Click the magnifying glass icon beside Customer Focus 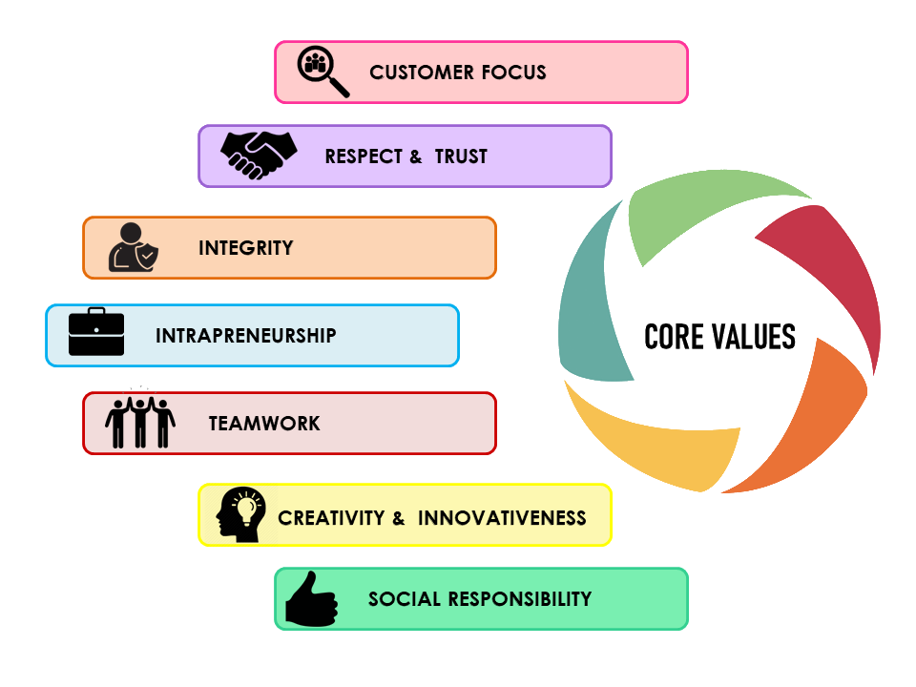(322, 72)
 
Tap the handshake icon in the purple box (259, 155)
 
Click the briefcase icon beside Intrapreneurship (96, 332)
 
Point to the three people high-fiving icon (140, 422)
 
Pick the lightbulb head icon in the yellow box (240, 514)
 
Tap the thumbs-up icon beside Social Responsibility (311, 599)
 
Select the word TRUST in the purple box (461, 156)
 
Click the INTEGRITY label (246, 248)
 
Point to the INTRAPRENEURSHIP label (246, 336)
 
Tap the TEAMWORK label (264, 424)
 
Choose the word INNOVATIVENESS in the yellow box (502, 518)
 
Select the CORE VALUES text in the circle (719, 337)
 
